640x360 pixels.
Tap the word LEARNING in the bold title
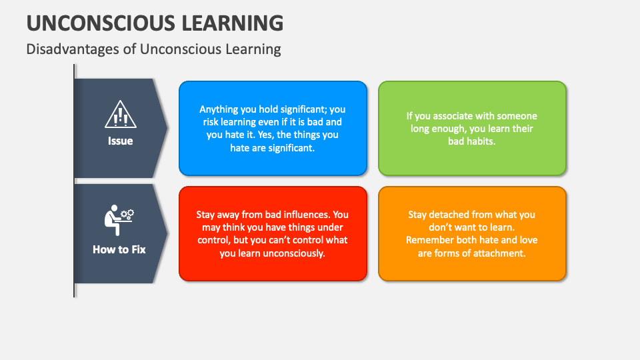click(235, 23)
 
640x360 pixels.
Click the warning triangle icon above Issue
click(120, 115)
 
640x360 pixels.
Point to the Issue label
click(120, 141)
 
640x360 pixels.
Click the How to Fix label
click(119, 250)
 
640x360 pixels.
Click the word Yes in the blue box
click(286, 135)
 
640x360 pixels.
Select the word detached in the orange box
click(455, 215)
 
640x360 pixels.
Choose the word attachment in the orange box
click(499, 253)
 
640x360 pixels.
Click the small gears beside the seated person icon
click(127, 214)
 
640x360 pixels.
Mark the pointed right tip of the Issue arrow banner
click(167, 128)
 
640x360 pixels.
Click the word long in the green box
click(422, 129)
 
